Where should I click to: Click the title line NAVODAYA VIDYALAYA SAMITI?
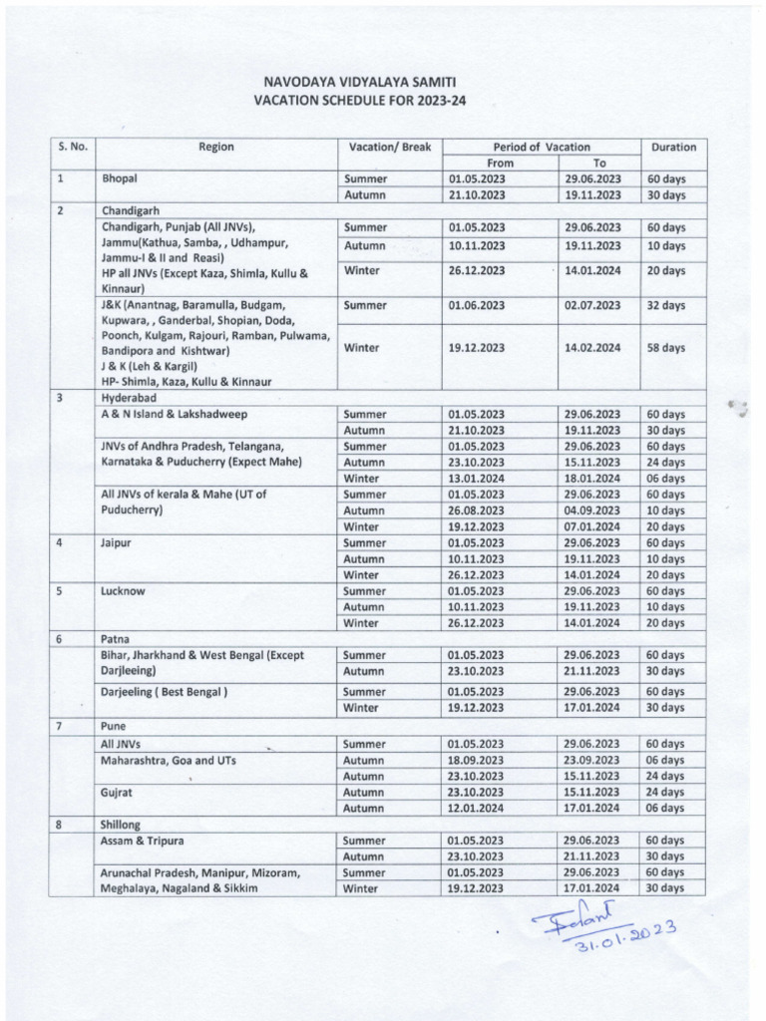[x=363, y=82]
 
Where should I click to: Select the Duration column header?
[x=673, y=147]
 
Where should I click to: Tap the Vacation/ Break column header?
[x=389, y=147]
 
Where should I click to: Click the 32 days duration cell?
[x=665, y=306]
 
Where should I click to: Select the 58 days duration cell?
[x=665, y=348]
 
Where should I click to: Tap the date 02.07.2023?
[x=592, y=306]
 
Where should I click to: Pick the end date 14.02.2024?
[x=592, y=348]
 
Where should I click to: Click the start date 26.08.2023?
[x=477, y=510]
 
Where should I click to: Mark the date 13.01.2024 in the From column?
[x=477, y=479]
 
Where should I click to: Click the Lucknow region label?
[x=123, y=591]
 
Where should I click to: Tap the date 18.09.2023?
[x=477, y=760]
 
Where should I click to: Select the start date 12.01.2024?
[x=477, y=808]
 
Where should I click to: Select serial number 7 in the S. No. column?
[x=61, y=726]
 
